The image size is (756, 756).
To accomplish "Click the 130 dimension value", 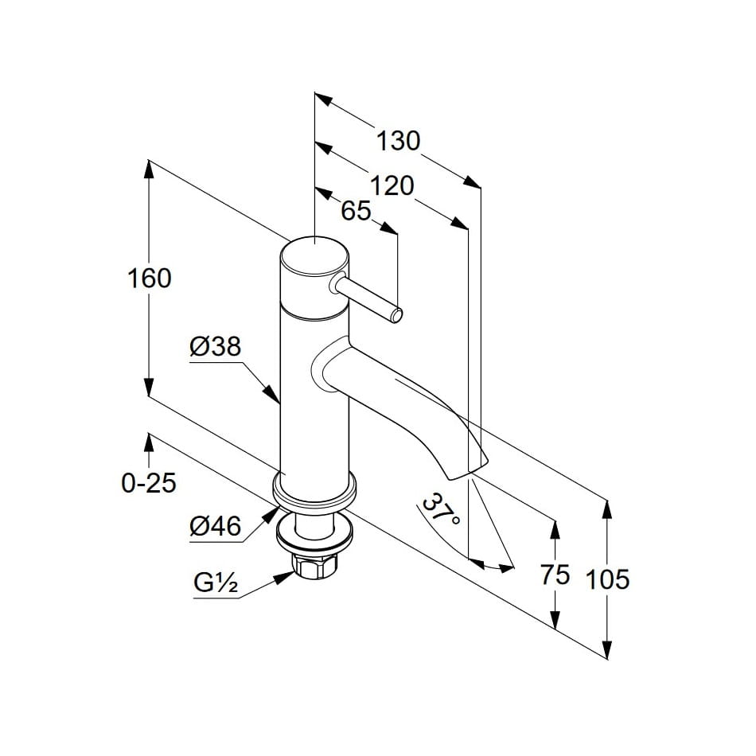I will click(398, 141).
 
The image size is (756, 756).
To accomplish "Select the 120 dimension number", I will click(393, 185).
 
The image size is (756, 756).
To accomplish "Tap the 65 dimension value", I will click(357, 211).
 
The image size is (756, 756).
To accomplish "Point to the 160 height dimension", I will click(150, 279).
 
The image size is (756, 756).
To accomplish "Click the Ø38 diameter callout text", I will click(215, 347).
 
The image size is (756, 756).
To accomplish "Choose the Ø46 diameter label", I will click(215, 525).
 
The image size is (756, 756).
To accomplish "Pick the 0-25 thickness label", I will click(149, 483).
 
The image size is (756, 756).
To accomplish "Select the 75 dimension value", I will click(555, 575).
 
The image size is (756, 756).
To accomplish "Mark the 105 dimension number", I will click(607, 579).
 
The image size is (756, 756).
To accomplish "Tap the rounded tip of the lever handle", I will click(396, 316).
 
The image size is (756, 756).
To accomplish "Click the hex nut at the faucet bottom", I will click(313, 566).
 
